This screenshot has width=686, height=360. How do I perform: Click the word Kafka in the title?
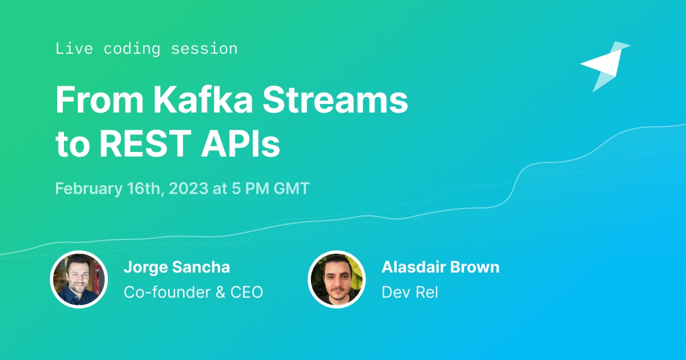[203, 99]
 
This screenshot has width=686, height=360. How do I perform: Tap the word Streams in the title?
[335, 99]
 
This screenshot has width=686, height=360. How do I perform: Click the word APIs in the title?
[241, 143]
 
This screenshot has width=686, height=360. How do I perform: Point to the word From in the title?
[99, 99]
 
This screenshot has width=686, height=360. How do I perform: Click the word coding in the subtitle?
[131, 49]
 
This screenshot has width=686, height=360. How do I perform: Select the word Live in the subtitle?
[74, 49]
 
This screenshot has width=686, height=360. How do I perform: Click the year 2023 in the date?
[188, 188]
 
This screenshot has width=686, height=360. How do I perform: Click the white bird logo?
[605, 66]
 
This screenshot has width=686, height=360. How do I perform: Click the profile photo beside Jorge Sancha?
[79, 279]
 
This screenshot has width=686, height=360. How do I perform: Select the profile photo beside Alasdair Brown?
[337, 279]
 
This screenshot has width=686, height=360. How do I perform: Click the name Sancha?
[201, 267]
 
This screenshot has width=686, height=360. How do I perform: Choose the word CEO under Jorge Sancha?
[246, 292]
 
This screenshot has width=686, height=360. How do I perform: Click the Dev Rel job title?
[410, 292]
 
